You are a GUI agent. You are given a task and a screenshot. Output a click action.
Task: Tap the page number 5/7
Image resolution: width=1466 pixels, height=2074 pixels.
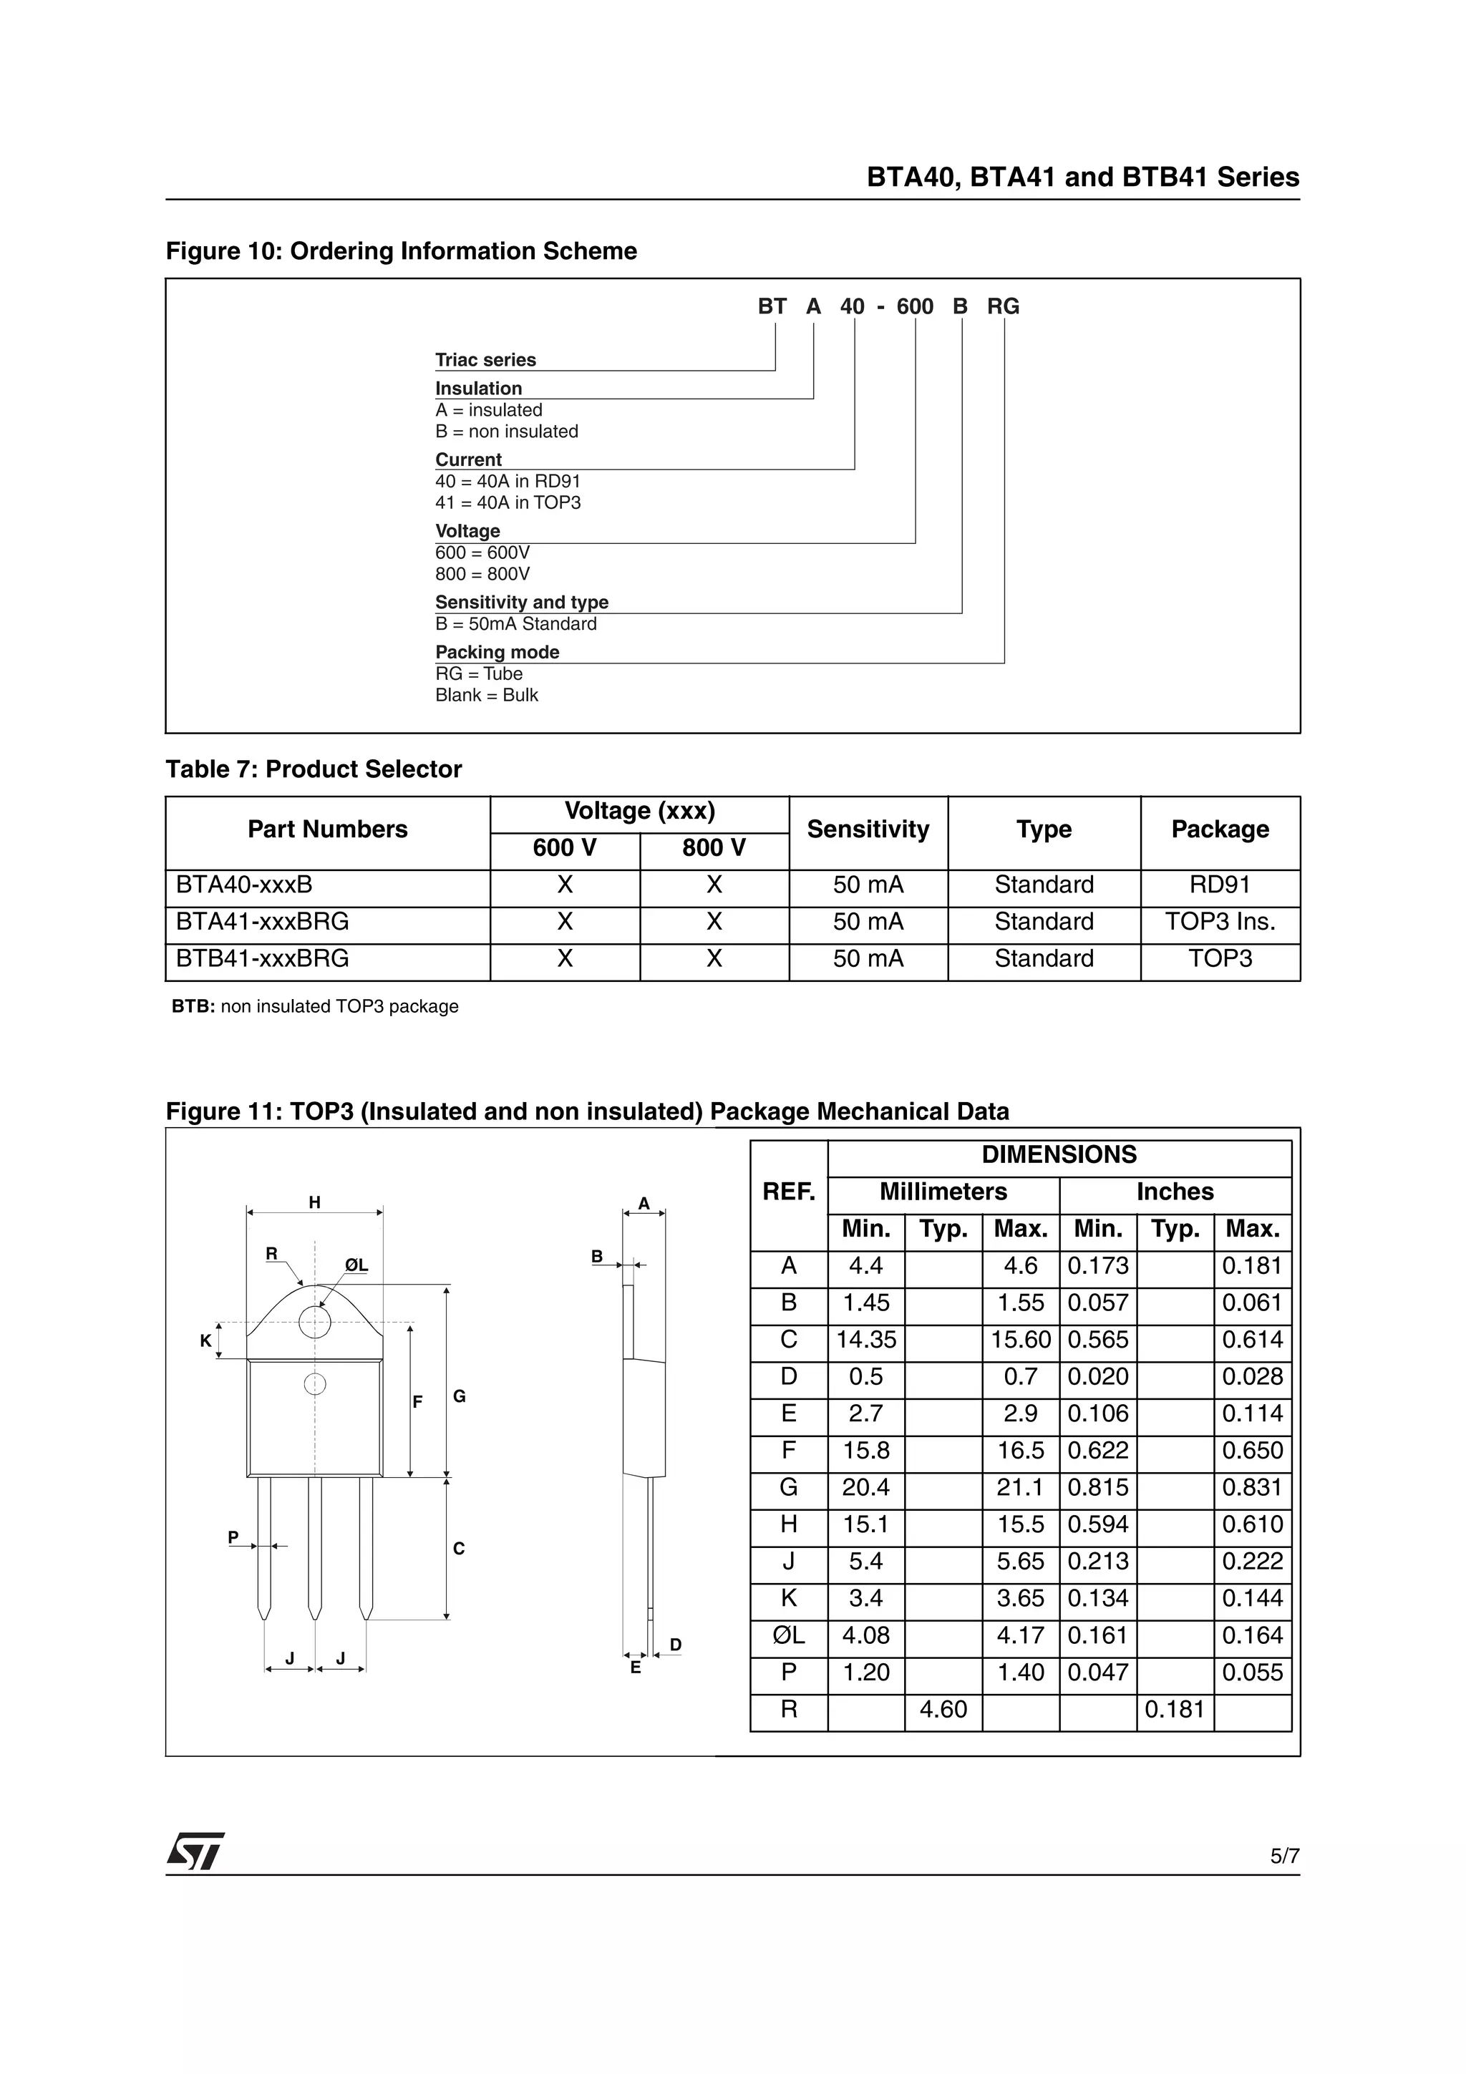1284,1856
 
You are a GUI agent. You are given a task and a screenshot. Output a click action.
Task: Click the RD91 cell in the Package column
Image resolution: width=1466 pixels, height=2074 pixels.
1220,885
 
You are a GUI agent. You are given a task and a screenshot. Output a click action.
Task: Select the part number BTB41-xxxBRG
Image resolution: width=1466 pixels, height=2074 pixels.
262,958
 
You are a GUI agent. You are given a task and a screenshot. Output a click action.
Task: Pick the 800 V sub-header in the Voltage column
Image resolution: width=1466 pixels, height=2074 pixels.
714,848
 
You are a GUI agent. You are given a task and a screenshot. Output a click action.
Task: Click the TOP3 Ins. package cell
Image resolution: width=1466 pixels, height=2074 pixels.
1220,922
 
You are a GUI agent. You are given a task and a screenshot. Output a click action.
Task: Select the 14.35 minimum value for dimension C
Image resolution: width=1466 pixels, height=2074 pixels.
865,1340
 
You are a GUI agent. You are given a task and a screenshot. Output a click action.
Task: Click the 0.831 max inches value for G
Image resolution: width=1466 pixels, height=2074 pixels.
1252,1488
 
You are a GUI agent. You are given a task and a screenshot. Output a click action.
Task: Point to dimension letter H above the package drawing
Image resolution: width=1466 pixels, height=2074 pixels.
314,1202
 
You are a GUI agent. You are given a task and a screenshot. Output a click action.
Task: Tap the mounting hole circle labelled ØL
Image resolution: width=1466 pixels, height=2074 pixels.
314,1323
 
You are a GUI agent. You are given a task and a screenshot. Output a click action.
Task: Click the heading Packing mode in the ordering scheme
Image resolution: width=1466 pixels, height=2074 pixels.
497,652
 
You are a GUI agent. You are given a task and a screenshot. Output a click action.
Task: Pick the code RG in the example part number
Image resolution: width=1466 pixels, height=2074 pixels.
1003,307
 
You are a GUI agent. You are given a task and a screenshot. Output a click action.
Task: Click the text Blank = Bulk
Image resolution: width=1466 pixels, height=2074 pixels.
486,696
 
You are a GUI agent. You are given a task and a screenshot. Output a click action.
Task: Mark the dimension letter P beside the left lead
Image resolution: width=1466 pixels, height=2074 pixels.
233,1537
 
